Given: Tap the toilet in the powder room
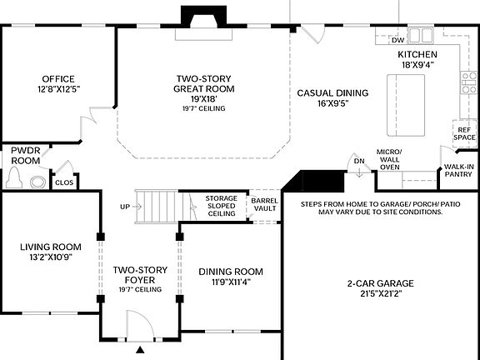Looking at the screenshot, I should click(x=14, y=178).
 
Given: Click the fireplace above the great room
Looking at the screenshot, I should click(x=203, y=19).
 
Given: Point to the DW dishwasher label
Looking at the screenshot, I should click(x=397, y=40).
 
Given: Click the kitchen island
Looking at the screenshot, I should click(x=406, y=104).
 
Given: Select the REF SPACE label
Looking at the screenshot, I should click(x=463, y=133).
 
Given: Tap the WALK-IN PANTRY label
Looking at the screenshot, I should click(x=459, y=171).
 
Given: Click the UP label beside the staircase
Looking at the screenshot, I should click(x=125, y=207).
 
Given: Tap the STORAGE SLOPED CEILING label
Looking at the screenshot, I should click(x=221, y=206).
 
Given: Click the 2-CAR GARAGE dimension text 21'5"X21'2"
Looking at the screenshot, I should click(x=380, y=294).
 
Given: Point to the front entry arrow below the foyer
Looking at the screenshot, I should click(x=140, y=349).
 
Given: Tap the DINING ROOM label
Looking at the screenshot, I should click(x=231, y=272).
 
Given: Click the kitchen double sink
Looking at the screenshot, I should click(x=421, y=35).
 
